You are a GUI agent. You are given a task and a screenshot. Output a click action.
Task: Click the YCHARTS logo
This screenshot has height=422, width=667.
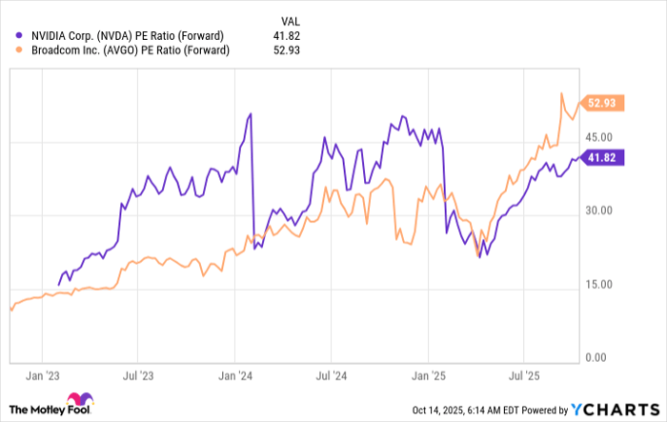click(616, 409)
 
